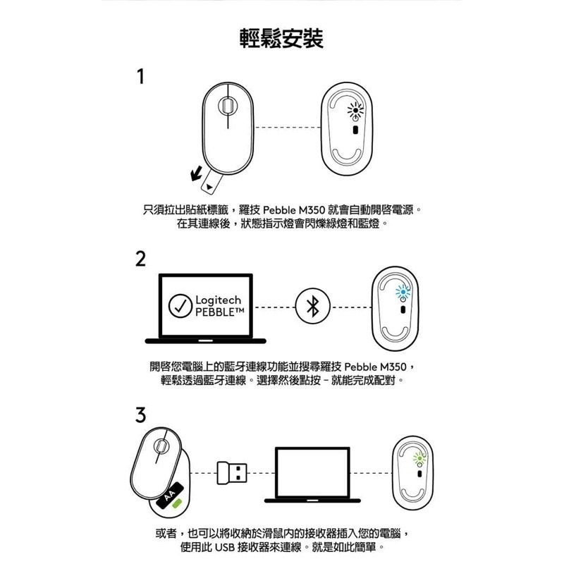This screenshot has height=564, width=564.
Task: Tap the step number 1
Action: pyautogui.click(x=141, y=76)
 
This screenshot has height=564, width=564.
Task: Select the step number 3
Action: pyautogui.click(x=141, y=416)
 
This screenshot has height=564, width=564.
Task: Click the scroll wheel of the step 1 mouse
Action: pyautogui.click(x=226, y=106)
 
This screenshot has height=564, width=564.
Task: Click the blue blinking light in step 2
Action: pyautogui.click(x=403, y=290)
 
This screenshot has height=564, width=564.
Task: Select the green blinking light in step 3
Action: pyautogui.click(x=417, y=458)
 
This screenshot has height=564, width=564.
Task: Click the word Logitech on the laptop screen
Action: pyautogui.click(x=215, y=301)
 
